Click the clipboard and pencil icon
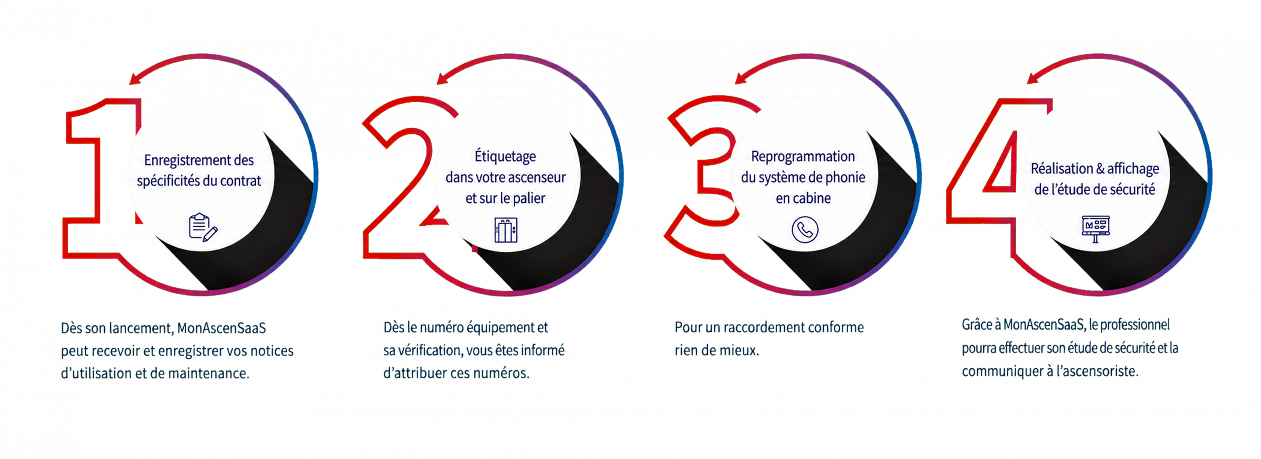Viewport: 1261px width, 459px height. [203, 227]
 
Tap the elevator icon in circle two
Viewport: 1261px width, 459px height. [506, 230]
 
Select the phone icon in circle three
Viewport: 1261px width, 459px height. [805, 230]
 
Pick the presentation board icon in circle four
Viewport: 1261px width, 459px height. [1095, 229]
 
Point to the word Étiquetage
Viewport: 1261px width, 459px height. [505, 156]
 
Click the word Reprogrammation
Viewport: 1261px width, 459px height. [803, 156]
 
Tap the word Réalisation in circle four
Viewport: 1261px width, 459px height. [1062, 169]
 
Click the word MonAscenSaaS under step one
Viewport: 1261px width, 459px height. [222, 328]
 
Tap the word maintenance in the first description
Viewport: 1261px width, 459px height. [209, 373]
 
